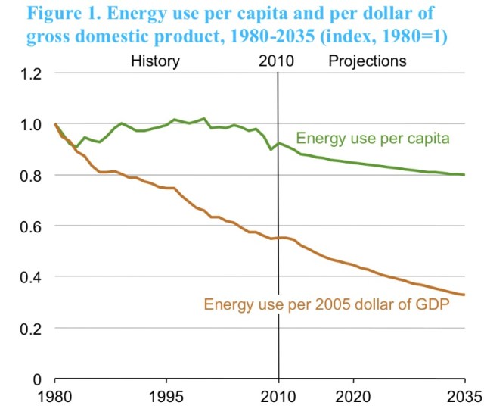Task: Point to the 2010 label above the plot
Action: coord(277,61)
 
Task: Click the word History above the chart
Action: coord(155,61)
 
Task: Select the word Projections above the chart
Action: coord(367,61)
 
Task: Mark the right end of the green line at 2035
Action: coord(464,175)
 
